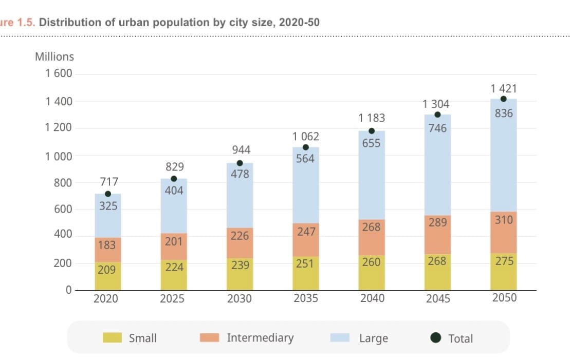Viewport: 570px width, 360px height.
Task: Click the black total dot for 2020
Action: pos(108,194)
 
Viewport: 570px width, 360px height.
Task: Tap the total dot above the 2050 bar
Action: pos(503,99)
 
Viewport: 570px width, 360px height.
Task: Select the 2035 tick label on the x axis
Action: pos(306,298)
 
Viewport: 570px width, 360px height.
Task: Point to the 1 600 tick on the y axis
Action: pos(59,74)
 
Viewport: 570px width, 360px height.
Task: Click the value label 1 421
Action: pos(503,89)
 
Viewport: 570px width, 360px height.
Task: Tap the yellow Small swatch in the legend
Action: pos(112,337)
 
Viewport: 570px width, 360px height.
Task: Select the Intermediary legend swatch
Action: pos(210,337)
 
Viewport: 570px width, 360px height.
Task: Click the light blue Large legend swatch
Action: pos(339,337)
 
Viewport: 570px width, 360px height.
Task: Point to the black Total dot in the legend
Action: pos(436,337)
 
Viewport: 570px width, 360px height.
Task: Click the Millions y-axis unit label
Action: pos(54,56)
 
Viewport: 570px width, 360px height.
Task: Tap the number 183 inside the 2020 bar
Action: pos(106,244)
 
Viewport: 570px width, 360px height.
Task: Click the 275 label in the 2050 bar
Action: pos(504,260)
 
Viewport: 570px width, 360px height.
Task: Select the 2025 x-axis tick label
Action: pos(173,298)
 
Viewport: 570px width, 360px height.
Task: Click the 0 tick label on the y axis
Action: pos(68,290)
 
